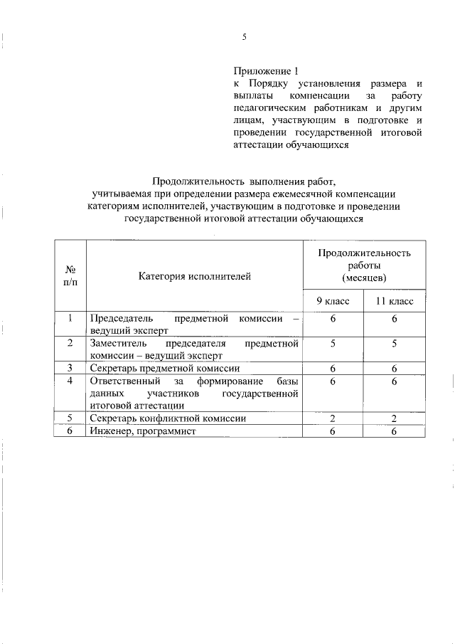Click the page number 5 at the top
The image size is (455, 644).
coord(244,37)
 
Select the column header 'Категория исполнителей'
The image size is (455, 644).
coord(194,276)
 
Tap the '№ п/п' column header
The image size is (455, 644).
coord(70,276)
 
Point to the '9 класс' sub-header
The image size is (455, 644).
coord(333,302)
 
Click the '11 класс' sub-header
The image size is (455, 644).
coord(395,302)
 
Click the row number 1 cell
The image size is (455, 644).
coord(70,320)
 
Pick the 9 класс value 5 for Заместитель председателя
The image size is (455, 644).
coord(333,343)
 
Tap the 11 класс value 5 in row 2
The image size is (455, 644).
coord(395,343)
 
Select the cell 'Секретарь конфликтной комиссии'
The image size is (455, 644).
coord(168,419)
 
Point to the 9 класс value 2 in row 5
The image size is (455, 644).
coord(333,419)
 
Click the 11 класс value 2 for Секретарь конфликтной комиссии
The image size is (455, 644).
coord(395,419)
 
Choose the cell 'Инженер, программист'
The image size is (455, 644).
coord(141,431)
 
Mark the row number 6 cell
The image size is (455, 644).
coord(70,431)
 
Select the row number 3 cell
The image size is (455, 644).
coord(70,369)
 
